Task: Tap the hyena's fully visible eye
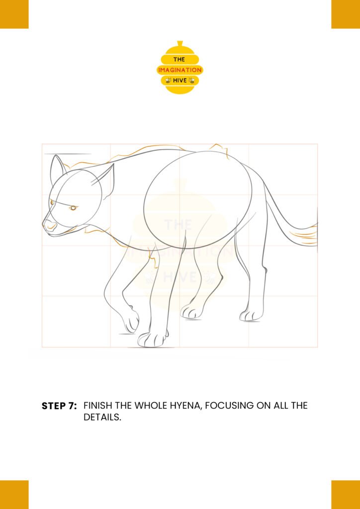74,208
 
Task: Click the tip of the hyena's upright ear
54,156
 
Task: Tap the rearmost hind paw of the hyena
251,315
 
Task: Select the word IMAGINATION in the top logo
180,70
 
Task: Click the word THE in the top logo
179,60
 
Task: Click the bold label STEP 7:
59,406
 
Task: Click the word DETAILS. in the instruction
102,418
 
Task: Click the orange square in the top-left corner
14,14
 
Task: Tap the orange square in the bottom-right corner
346,495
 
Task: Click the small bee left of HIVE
168,80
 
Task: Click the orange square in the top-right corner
346,14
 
